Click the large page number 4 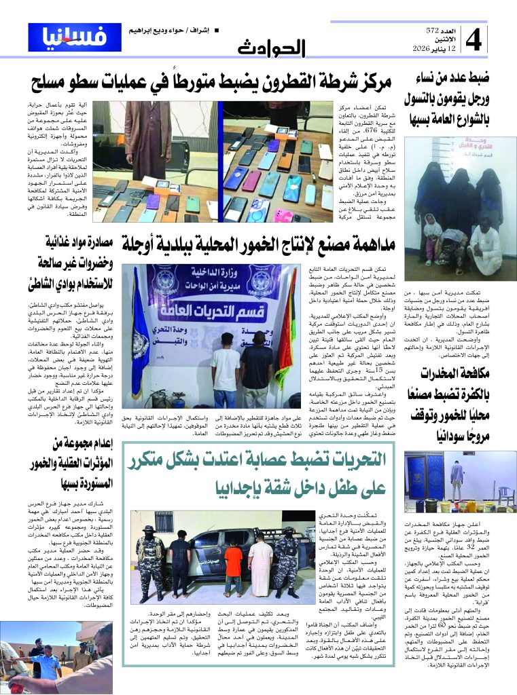[473, 40]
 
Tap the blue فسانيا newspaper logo [75, 37]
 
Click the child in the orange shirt [233, 570]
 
